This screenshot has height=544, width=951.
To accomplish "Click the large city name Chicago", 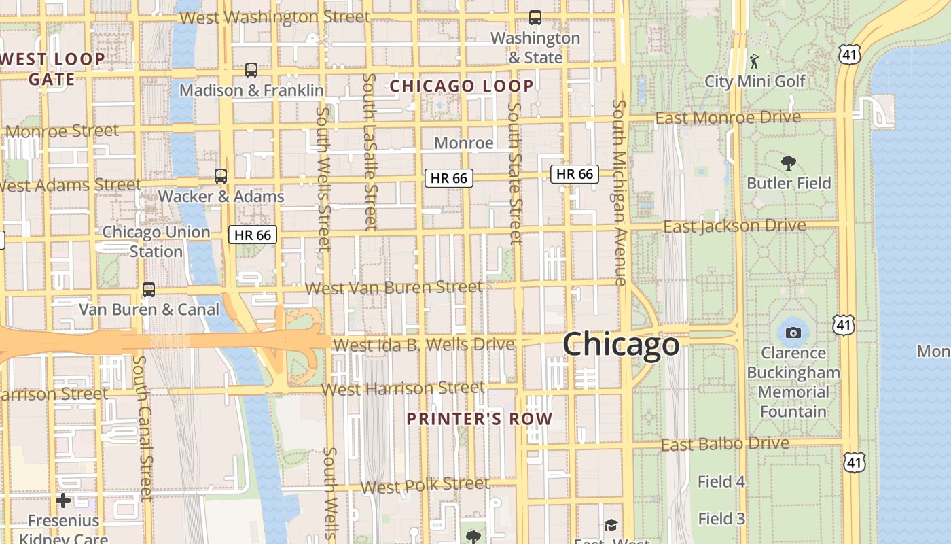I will click(x=621, y=344).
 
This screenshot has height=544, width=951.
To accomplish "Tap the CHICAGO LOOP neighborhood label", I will click(x=461, y=86).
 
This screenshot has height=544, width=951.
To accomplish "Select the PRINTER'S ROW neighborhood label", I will click(x=480, y=419).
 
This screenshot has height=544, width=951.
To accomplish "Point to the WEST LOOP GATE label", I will click(x=52, y=69).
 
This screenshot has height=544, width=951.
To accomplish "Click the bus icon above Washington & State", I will click(x=535, y=18).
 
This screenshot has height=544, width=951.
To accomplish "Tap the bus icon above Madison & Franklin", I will click(x=251, y=69).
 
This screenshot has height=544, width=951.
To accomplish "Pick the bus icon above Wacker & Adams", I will click(x=221, y=176).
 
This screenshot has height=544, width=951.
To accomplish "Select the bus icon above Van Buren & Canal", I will click(x=149, y=290).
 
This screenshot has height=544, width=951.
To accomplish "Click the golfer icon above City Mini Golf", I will click(x=754, y=61).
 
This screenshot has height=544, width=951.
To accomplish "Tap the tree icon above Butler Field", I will click(x=789, y=163).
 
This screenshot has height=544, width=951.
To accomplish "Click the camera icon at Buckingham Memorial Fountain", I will click(x=793, y=333).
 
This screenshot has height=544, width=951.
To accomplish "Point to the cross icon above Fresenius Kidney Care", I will click(x=63, y=501).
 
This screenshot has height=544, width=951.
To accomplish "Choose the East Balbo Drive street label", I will click(x=725, y=445).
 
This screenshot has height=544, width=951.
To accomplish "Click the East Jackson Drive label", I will click(x=734, y=226).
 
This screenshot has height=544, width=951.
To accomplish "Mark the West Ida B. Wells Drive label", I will click(x=424, y=344).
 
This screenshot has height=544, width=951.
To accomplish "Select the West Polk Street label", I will click(x=425, y=486).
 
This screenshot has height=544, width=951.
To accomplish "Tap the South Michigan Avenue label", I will click(x=619, y=192).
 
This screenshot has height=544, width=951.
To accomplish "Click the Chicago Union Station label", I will click(x=156, y=241).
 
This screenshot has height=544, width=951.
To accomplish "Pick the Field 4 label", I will click(x=721, y=482).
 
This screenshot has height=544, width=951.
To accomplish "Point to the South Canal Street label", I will click(x=142, y=426).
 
